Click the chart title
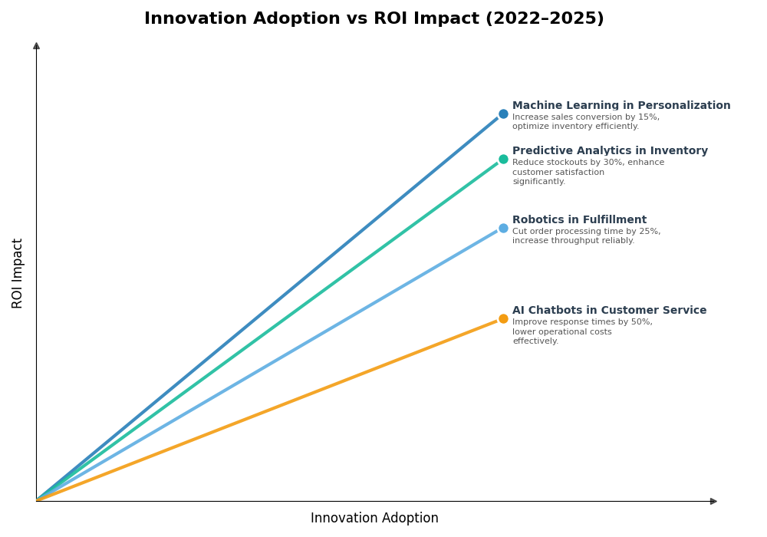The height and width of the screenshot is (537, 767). (x=374, y=19)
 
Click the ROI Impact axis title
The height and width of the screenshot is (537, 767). (x=18, y=273)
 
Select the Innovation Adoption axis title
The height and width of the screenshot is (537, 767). (x=374, y=519)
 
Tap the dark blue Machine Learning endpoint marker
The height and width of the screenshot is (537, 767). (x=503, y=114)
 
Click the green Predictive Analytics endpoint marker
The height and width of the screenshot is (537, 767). (x=503, y=160)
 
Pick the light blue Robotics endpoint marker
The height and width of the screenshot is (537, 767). (x=503, y=228)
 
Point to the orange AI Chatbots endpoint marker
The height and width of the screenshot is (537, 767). (x=503, y=318)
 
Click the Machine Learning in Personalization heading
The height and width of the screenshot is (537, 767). (x=621, y=106)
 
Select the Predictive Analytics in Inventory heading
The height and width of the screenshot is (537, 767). (x=610, y=151)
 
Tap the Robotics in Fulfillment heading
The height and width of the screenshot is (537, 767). (x=579, y=220)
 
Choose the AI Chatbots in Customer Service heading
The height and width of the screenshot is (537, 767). (x=609, y=311)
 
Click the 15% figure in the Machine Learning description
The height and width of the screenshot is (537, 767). (x=648, y=117)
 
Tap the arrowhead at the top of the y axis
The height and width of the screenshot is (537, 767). (x=36, y=46)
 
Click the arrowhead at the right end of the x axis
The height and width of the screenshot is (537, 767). (x=713, y=501)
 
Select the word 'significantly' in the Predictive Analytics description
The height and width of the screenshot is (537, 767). (x=538, y=182)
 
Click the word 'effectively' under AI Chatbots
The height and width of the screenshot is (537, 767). (x=535, y=341)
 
